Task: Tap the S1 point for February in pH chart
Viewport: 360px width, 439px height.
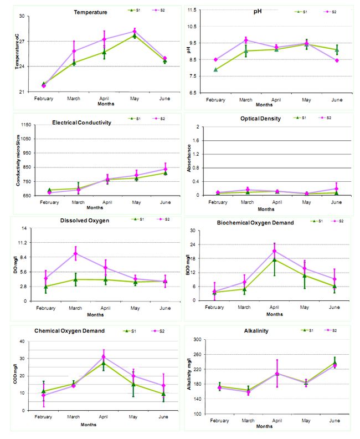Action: pos(215,69)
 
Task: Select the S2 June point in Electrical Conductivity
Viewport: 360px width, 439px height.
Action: pos(165,169)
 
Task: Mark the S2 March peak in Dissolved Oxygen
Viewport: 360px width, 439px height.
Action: pos(76,253)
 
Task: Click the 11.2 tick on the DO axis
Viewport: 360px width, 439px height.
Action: pos(23,243)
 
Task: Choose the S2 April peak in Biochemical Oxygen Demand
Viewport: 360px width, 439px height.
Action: pos(274,251)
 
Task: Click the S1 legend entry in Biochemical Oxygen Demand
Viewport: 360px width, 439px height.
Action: pos(317,221)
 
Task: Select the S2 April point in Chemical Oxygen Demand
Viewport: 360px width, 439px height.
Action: pos(104,356)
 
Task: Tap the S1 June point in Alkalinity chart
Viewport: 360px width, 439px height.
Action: pos(335,363)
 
